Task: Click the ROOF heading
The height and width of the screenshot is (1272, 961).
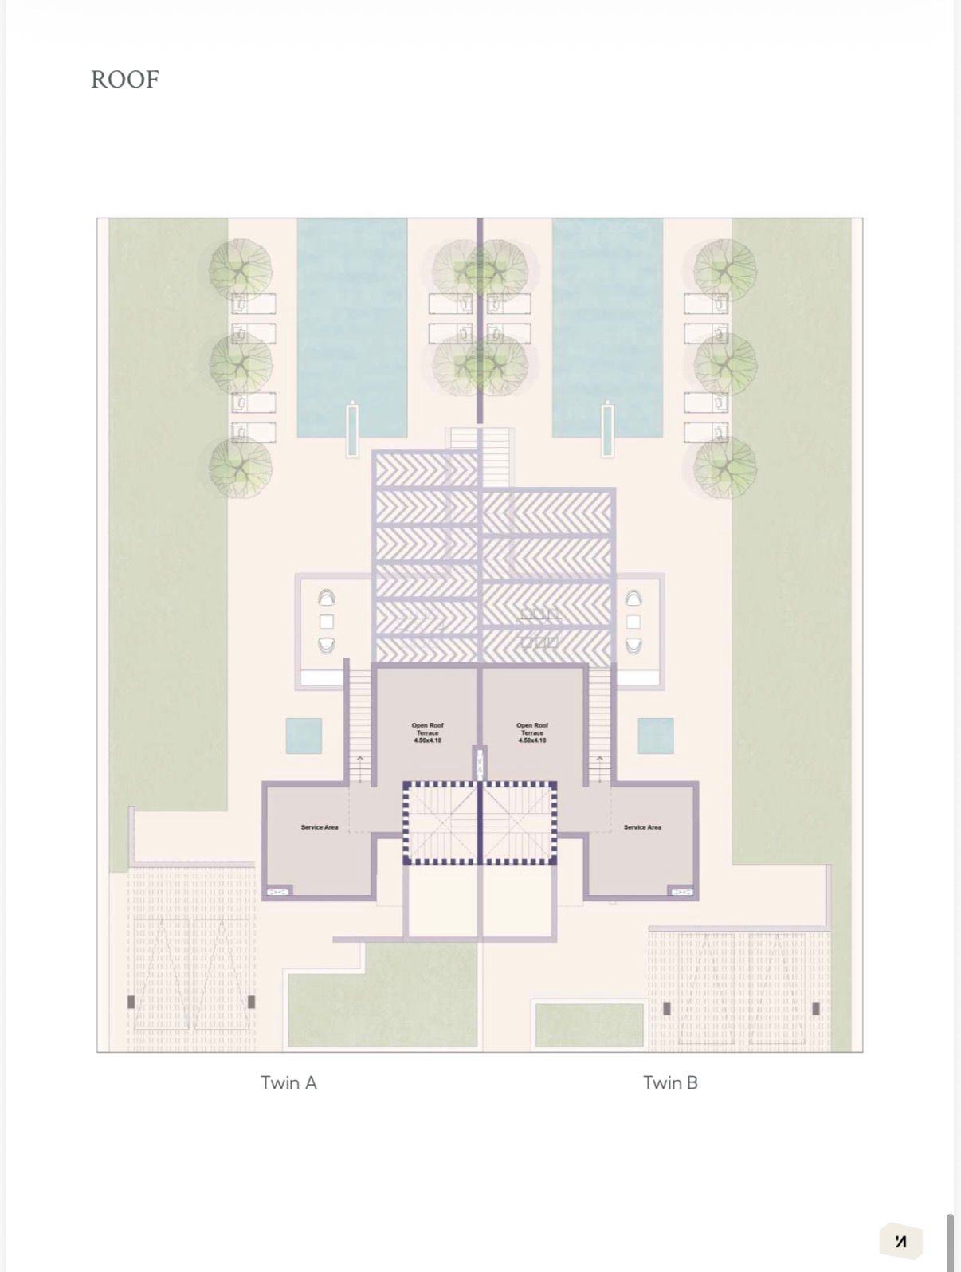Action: click(x=125, y=80)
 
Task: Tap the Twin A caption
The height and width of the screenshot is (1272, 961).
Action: click(x=288, y=1082)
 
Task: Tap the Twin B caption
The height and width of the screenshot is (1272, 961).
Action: click(x=670, y=1082)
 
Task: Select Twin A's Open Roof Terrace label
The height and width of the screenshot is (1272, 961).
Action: click(x=427, y=732)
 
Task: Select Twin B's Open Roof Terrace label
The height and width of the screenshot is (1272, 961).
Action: click(x=531, y=732)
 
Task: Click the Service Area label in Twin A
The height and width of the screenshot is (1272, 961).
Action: click(x=319, y=827)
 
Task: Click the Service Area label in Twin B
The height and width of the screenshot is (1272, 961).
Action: click(x=642, y=827)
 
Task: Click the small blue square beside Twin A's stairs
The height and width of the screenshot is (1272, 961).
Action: click(x=304, y=736)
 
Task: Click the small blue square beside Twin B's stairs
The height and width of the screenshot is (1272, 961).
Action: click(x=655, y=736)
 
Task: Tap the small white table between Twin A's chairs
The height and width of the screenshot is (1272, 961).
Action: click(x=326, y=621)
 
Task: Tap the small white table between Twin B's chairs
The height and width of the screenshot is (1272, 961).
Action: click(x=633, y=621)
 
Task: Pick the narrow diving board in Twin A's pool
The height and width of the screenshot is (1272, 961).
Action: click(x=352, y=430)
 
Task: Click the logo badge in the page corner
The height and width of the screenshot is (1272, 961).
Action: click(x=900, y=1241)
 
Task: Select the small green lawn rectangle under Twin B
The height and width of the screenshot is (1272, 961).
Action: click(x=589, y=1025)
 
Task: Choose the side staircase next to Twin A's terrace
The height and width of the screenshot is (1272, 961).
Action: click(x=360, y=725)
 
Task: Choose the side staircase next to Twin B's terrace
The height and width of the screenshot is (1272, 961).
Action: click(x=599, y=725)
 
